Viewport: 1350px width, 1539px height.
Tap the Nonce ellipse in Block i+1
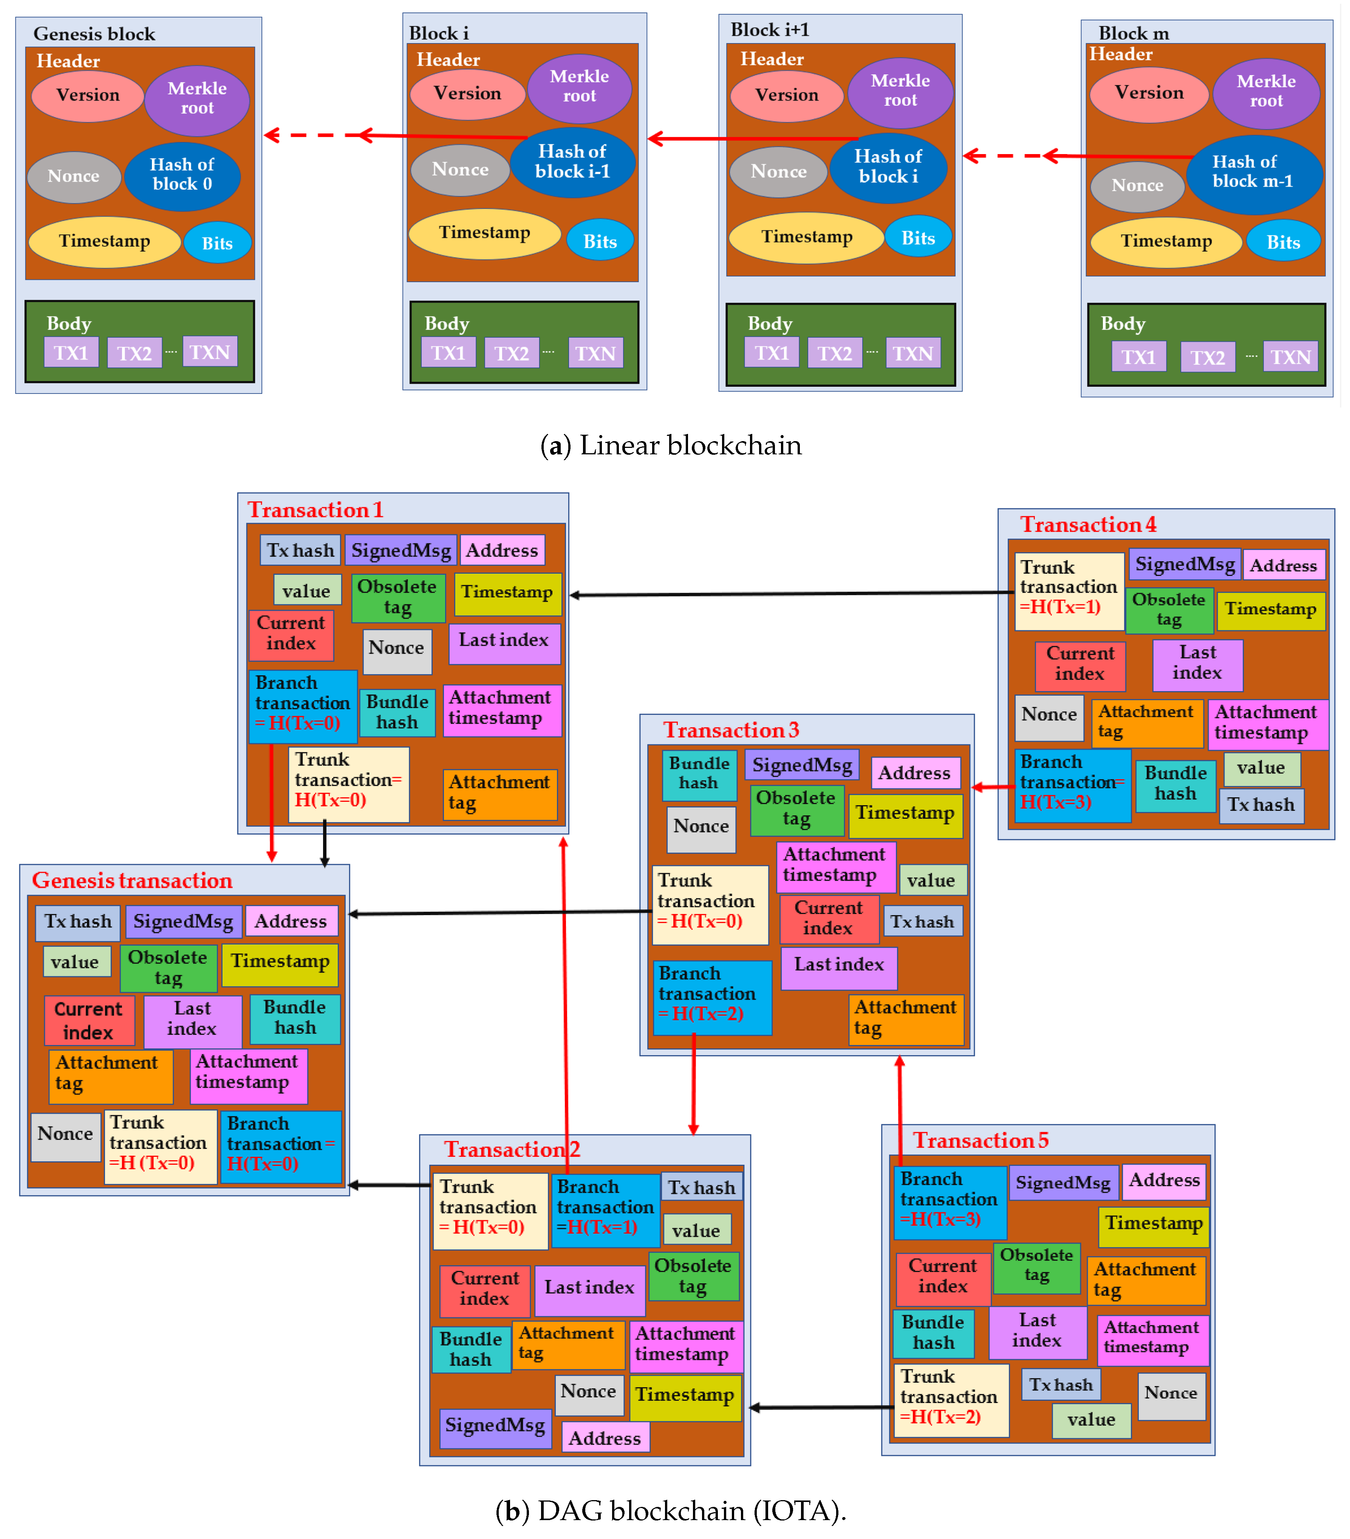(x=778, y=172)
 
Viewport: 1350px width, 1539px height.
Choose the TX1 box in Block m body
(x=1138, y=357)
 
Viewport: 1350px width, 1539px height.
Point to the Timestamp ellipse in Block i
(x=484, y=233)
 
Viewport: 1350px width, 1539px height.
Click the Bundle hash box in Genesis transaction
(x=295, y=1018)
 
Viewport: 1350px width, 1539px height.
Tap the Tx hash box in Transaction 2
(x=701, y=1187)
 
